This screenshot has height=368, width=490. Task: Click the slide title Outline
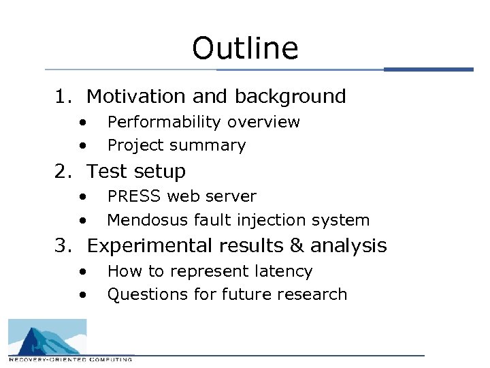[245, 49]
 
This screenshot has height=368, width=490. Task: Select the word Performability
[164, 123]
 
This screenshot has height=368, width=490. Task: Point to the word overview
[263, 123]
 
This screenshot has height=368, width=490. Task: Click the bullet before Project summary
[82, 145]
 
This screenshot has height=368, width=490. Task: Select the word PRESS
[135, 197]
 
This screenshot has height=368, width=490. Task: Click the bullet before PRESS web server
[82, 197]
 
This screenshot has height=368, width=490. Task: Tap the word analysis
[348, 246]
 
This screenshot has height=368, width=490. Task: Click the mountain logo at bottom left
[48, 339]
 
